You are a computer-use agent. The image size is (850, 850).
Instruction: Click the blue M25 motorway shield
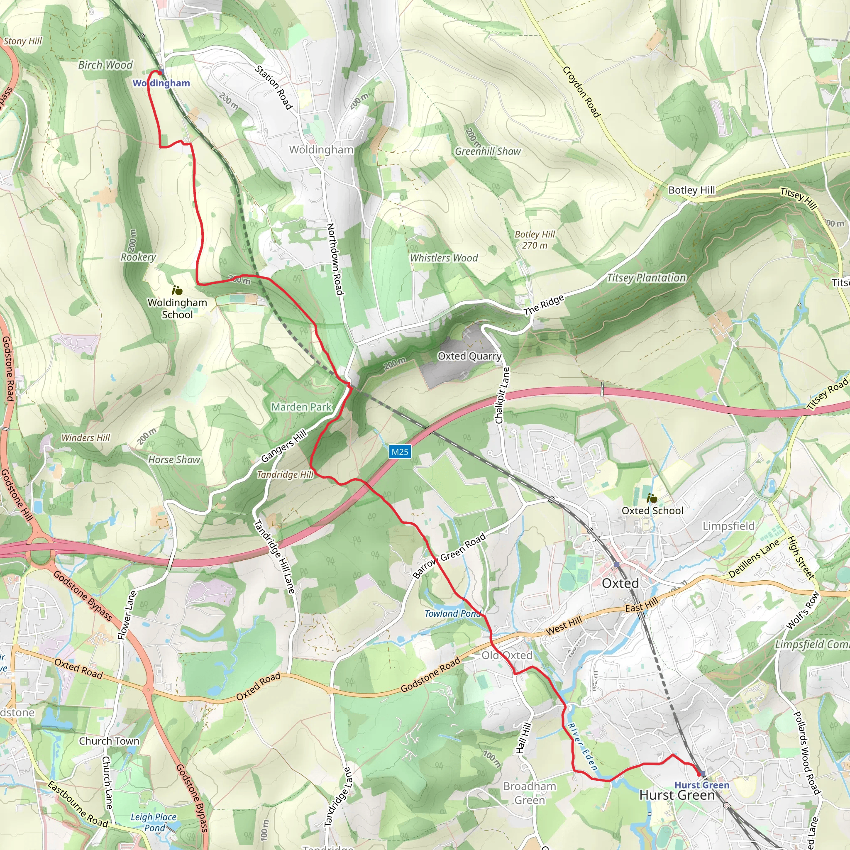click(x=400, y=452)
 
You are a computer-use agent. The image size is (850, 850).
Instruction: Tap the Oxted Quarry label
click(x=469, y=356)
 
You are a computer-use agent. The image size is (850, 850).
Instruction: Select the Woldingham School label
click(x=177, y=308)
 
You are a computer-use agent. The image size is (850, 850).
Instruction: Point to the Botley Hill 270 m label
click(x=535, y=240)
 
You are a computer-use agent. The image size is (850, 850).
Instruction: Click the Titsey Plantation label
click(x=646, y=278)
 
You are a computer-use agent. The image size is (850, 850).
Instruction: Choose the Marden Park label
click(x=301, y=407)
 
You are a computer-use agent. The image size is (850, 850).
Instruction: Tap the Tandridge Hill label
click(x=285, y=474)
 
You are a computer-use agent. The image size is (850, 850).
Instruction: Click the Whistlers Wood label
click(x=444, y=258)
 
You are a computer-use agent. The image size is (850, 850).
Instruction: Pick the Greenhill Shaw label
click(x=488, y=151)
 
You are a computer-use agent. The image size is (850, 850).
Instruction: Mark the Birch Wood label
click(x=105, y=65)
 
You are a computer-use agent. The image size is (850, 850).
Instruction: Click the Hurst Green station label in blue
click(x=702, y=785)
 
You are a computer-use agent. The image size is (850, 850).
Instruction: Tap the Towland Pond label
click(x=452, y=613)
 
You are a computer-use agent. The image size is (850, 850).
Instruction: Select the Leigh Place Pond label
click(x=154, y=822)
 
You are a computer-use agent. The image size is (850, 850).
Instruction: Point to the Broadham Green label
click(x=530, y=793)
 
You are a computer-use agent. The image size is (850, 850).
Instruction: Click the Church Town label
click(x=109, y=741)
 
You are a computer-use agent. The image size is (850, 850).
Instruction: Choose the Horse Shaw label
click(x=174, y=460)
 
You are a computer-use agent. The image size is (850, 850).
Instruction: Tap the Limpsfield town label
click(x=728, y=526)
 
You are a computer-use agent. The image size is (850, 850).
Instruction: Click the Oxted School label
click(x=652, y=510)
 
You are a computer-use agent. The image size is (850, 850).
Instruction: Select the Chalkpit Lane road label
click(x=503, y=396)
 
